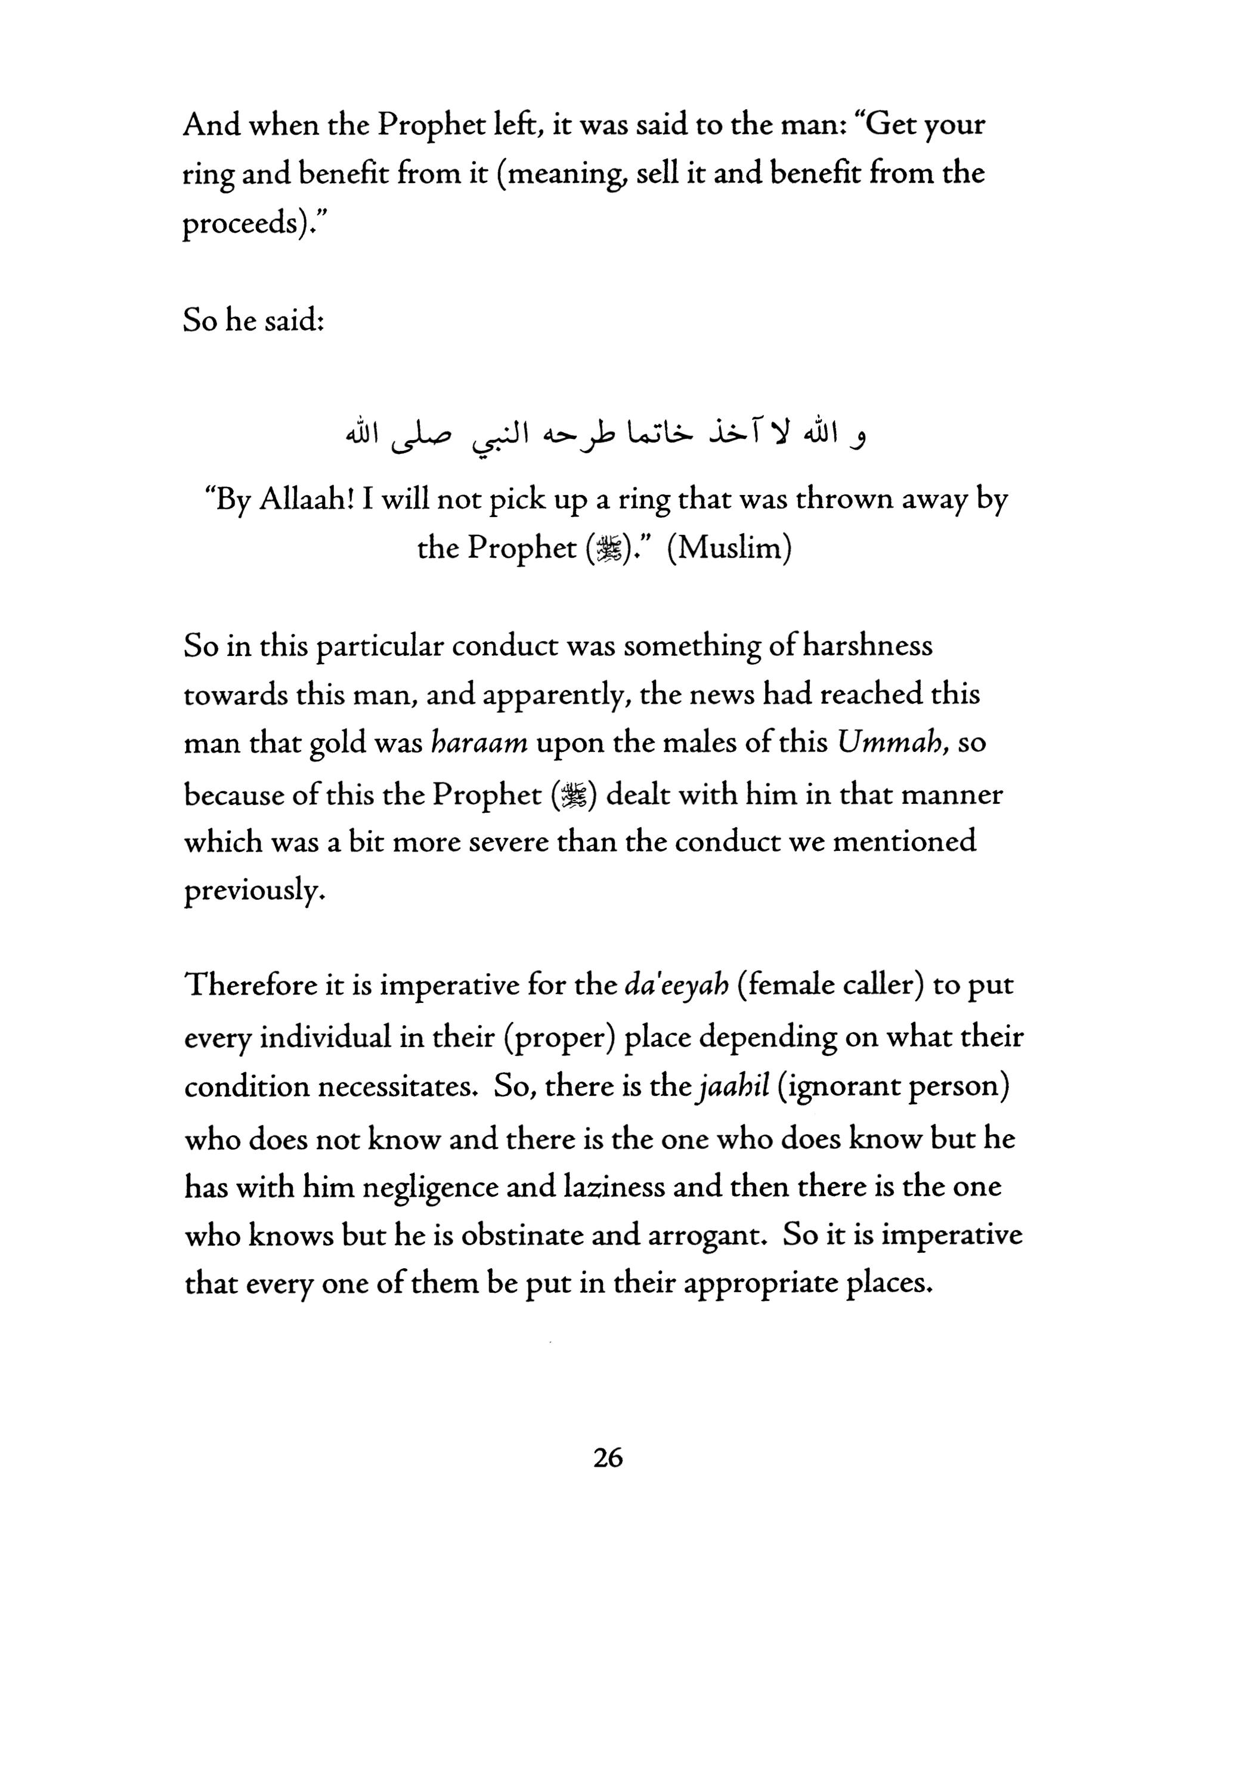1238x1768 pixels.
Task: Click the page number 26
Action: [x=608, y=1458]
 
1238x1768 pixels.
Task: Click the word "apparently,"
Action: [x=560, y=695]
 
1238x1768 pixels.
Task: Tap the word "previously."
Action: [x=250, y=891]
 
